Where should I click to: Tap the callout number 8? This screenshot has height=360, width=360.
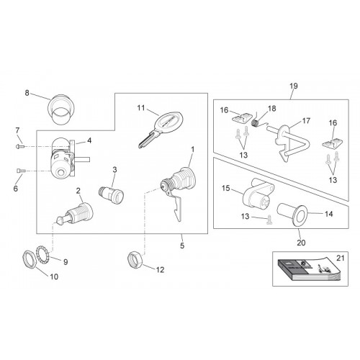[27, 93]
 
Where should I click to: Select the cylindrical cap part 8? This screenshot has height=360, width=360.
[60, 109]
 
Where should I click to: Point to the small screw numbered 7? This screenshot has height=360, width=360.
[19, 146]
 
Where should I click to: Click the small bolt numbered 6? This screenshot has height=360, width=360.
[21, 171]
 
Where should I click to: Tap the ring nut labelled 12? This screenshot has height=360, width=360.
[135, 259]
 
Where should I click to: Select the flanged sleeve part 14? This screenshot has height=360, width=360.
[293, 214]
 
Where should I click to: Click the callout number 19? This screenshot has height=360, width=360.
[294, 86]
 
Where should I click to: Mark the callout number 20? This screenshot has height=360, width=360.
[301, 243]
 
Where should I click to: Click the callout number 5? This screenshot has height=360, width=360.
[182, 246]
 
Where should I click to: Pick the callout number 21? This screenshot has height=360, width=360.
[341, 258]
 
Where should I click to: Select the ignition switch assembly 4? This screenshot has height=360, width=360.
[64, 157]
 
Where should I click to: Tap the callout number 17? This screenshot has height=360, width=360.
[306, 121]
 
